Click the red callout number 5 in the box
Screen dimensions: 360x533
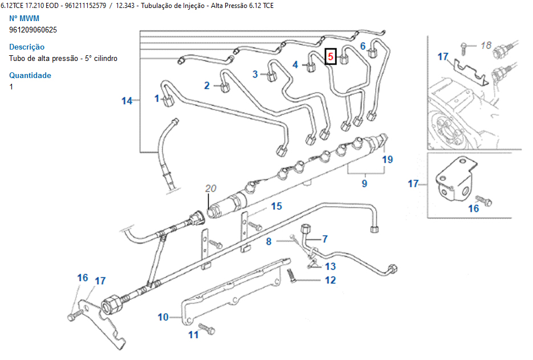click(331, 57)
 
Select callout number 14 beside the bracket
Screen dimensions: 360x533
click(127, 101)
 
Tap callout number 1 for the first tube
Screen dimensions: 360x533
click(157, 99)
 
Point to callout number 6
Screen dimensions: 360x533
click(363, 46)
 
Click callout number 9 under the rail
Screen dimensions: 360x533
click(364, 183)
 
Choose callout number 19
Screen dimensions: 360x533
click(388, 159)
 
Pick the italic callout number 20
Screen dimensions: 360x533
click(211, 189)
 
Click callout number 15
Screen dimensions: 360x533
click(276, 206)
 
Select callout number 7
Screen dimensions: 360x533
click(325, 239)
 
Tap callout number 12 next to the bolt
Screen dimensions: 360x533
click(331, 280)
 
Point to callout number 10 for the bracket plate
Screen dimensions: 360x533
click(164, 317)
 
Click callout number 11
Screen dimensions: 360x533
click(194, 334)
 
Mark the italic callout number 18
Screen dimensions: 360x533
click(486, 45)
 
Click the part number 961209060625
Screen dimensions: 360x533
click(33, 30)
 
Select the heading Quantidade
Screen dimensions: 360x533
click(30, 75)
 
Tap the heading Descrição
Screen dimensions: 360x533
click(27, 47)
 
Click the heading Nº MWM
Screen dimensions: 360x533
click(25, 18)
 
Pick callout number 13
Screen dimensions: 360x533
click(331, 266)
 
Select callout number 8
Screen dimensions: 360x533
click(268, 242)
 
